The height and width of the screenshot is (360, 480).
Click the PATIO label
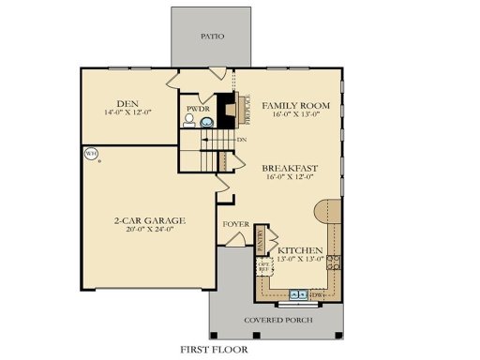(x=212, y=37)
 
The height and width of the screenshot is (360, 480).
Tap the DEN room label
(x=128, y=103)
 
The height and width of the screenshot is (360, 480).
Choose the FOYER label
(x=234, y=225)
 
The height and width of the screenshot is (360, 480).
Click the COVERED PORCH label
(x=277, y=320)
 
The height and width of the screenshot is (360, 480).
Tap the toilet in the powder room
(x=191, y=120)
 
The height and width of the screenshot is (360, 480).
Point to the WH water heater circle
(x=91, y=153)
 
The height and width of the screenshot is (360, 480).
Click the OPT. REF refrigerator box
(x=264, y=266)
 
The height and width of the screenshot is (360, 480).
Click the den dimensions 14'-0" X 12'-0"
(x=128, y=113)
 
